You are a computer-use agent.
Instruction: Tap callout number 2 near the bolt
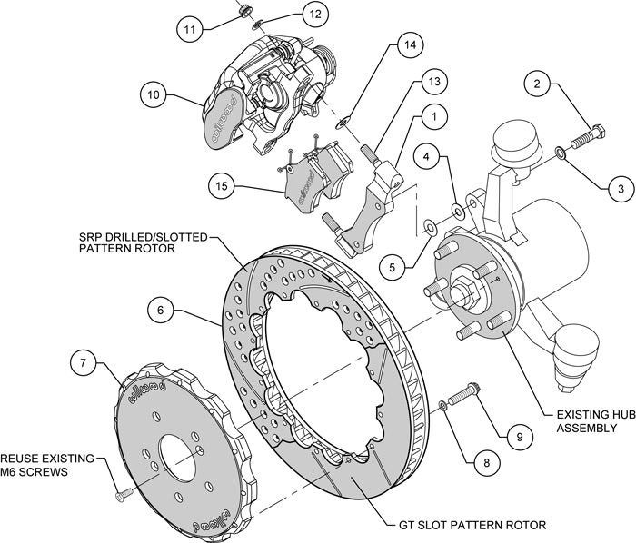click(x=537, y=86)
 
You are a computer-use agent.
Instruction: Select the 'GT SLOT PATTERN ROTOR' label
click(x=473, y=526)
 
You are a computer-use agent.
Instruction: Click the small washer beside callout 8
click(x=442, y=405)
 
